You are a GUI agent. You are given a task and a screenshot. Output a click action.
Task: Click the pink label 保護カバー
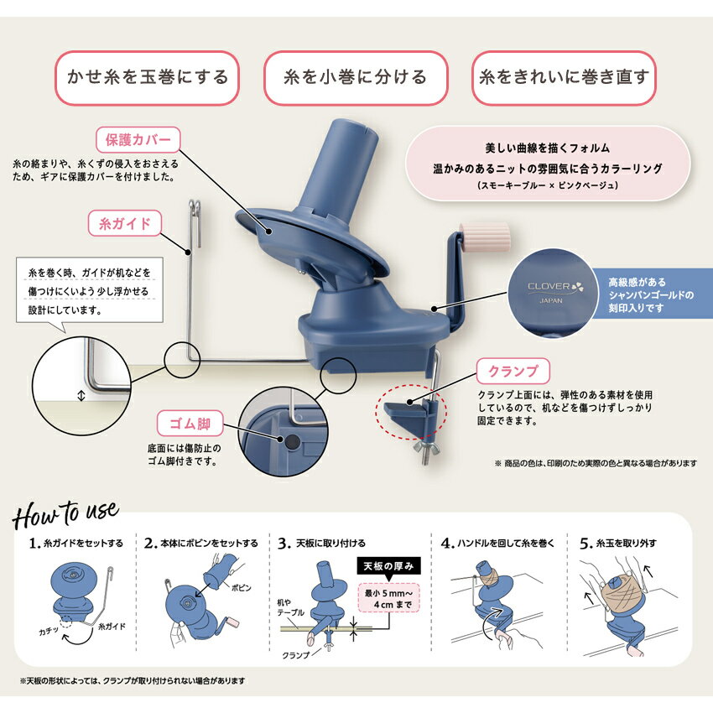(138, 139)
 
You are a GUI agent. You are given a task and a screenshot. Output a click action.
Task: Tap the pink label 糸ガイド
(125, 223)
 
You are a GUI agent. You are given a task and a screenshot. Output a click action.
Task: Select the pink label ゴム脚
(190, 424)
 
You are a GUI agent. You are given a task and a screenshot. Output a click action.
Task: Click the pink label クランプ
(513, 371)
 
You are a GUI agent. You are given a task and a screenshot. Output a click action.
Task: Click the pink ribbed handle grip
(485, 237)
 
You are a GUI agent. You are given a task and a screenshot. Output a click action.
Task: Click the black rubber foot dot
(292, 441)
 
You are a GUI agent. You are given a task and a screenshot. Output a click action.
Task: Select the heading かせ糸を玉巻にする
(148, 77)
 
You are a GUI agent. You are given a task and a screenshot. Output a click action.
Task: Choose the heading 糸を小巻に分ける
(356, 77)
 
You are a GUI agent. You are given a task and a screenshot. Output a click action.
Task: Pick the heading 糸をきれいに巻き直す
(564, 77)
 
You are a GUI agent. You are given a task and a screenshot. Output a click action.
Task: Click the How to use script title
(65, 515)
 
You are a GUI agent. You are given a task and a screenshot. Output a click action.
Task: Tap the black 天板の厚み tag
(388, 566)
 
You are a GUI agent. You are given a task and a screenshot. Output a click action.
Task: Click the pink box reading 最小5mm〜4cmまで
(388, 599)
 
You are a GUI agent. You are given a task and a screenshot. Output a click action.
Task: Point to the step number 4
(447, 544)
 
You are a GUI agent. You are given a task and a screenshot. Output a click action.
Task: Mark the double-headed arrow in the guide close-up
(81, 396)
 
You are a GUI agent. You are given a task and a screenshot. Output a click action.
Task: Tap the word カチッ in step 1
(49, 632)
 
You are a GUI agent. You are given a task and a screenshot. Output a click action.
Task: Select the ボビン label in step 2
(241, 587)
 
